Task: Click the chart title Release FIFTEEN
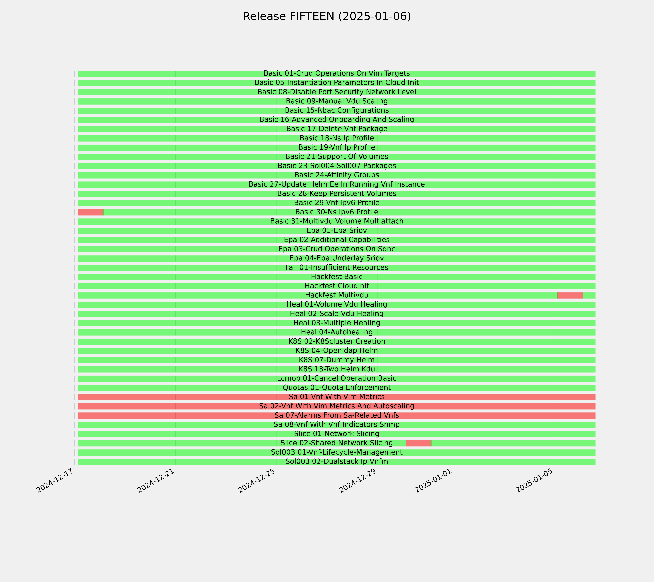(x=288, y=16)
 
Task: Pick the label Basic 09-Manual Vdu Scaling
(x=337, y=101)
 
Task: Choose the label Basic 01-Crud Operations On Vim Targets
(x=337, y=73)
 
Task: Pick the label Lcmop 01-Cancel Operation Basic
(x=337, y=378)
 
